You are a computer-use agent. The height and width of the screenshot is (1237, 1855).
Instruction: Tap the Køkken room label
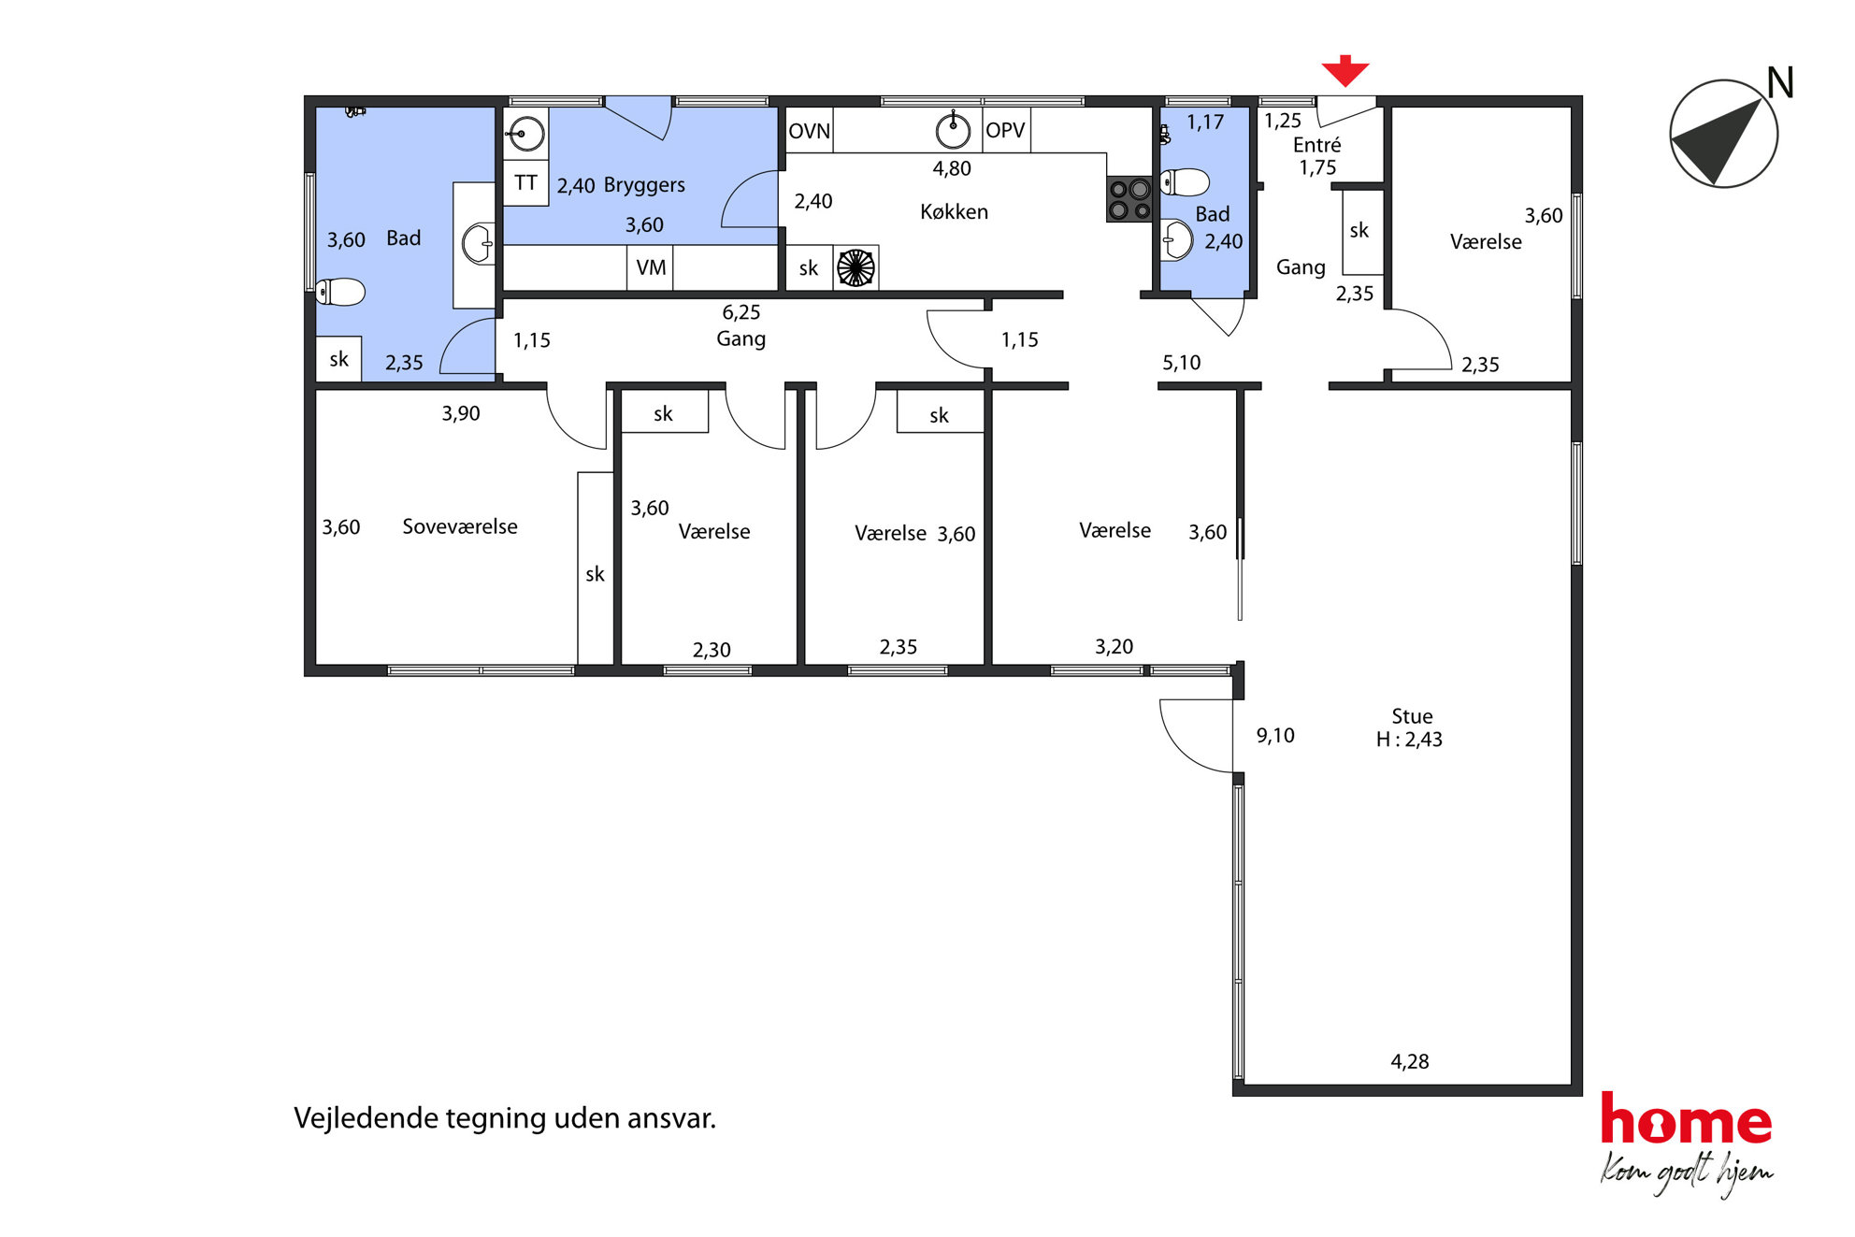[954, 212]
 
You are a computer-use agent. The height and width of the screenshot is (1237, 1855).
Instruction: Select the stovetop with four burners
[1129, 199]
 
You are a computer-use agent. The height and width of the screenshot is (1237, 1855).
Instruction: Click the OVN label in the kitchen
[809, 131]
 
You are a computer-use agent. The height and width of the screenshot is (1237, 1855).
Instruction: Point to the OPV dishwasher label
[1005, 131]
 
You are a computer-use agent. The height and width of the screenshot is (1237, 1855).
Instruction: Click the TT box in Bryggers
[525, 183]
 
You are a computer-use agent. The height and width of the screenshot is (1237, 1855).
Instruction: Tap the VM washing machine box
[651, 268]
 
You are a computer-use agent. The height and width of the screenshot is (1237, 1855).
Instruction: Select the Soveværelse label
[460, 526]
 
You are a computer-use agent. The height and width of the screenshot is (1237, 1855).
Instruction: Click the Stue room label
[1412, 716]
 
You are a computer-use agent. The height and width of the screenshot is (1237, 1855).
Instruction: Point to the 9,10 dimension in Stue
[1275, 736]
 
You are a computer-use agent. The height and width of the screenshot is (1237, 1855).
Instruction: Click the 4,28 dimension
[1410, 1061]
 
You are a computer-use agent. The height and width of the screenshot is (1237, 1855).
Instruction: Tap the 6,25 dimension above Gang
[741, 312]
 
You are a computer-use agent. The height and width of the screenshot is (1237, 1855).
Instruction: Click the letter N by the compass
[1780, 83]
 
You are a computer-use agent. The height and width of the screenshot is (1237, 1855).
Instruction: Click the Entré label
[1317, 145]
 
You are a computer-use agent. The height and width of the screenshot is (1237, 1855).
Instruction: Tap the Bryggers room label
[644, 185]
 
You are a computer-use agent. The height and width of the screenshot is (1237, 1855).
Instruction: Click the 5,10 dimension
[1182, 363]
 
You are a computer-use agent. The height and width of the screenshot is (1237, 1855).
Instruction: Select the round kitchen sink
[953, 130]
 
